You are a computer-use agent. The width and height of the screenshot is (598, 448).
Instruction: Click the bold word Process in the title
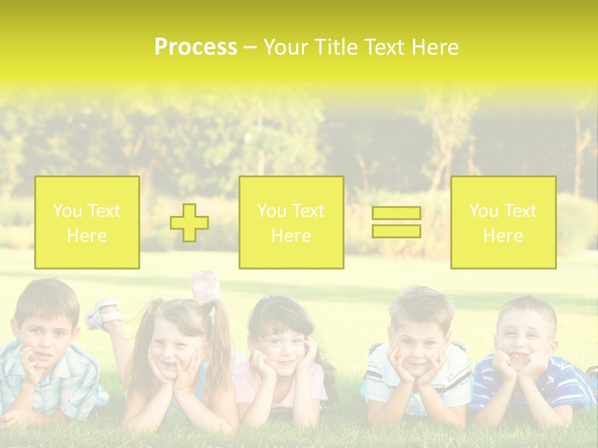click(x=196, y=47)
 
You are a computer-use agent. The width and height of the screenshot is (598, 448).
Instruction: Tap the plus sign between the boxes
click(x=189, y=223)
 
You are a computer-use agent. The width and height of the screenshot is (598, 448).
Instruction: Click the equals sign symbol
click(x=396, y=222)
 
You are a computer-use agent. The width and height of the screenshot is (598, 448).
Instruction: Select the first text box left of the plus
click(x=87, y=223)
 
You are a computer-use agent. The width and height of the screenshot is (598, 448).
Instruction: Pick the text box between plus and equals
click(x=291, y=223)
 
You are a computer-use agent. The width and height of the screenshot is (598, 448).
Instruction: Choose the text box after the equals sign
click(x=503, y=223)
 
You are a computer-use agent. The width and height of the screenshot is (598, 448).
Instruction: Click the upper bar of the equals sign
click(x=396, y=213)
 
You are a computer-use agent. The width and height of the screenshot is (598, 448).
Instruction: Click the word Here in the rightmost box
click(x=503, y=236)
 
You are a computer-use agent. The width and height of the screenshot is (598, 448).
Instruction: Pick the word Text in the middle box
click(x=308, y=211)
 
